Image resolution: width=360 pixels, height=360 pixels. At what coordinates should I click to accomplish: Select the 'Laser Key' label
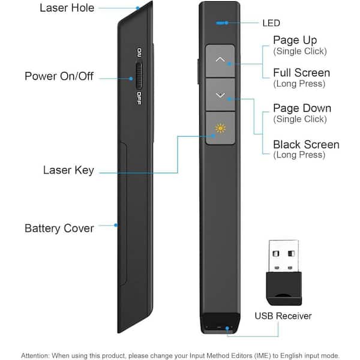pyautogui.click(x=68, y=170)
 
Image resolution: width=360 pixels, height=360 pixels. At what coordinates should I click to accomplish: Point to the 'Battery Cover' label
pyautogui.click(x=59, y=228)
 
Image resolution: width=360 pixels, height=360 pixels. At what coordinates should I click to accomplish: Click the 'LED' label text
pyautogui.click(x=271, y=23)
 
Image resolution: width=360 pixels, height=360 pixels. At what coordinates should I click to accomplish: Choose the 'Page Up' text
pyautogui.click(x=295, y=40)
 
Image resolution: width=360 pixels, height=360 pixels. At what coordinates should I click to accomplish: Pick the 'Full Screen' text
pyautogui.click(x=301, y=73)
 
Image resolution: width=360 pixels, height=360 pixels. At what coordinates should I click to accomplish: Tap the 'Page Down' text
pyautogui.click(x=302, y=108)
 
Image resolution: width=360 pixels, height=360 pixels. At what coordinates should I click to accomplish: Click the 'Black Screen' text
pyautogui.click(x=306, y=145)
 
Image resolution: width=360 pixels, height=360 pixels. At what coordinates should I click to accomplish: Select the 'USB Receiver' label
pyautogui.click(x=283, y=316)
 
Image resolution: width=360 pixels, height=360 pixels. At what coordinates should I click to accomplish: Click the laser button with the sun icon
pyautogui.click(x=220, y=128)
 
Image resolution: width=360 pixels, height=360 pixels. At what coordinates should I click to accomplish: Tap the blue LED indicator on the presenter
pyautogui.click(x=222, y=22)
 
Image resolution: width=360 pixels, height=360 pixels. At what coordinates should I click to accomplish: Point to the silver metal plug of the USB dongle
pyautogui.click(x=284, y=256)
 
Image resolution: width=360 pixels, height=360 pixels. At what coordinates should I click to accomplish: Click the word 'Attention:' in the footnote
pyautogui.click(x=37, y=355)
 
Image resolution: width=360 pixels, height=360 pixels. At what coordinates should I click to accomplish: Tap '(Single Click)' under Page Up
pyautogui.click(x=300, y=51)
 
